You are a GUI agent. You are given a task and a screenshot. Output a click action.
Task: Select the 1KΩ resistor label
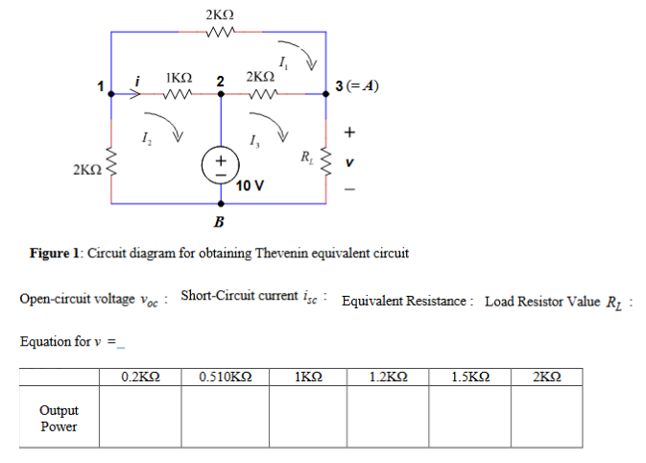tap(179, 77)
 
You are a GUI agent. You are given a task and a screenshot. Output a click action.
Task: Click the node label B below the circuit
tap(219, 223)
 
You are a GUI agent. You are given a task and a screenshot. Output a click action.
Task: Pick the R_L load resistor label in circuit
tap(306, 156)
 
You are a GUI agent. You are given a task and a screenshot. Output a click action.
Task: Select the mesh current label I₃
tap(252, 142)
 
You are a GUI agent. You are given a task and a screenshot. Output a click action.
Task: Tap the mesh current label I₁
tap(280, 63)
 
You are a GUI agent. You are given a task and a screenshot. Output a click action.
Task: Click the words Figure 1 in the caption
tap(57, 254)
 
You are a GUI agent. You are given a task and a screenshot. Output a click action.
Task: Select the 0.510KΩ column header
tap(225, 377)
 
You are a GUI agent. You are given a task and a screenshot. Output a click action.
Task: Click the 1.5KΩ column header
tap(470, 377)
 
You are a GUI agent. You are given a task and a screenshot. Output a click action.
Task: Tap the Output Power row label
tap(59, 418)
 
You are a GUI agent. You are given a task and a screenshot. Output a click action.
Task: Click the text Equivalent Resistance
tap(403, 302)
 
